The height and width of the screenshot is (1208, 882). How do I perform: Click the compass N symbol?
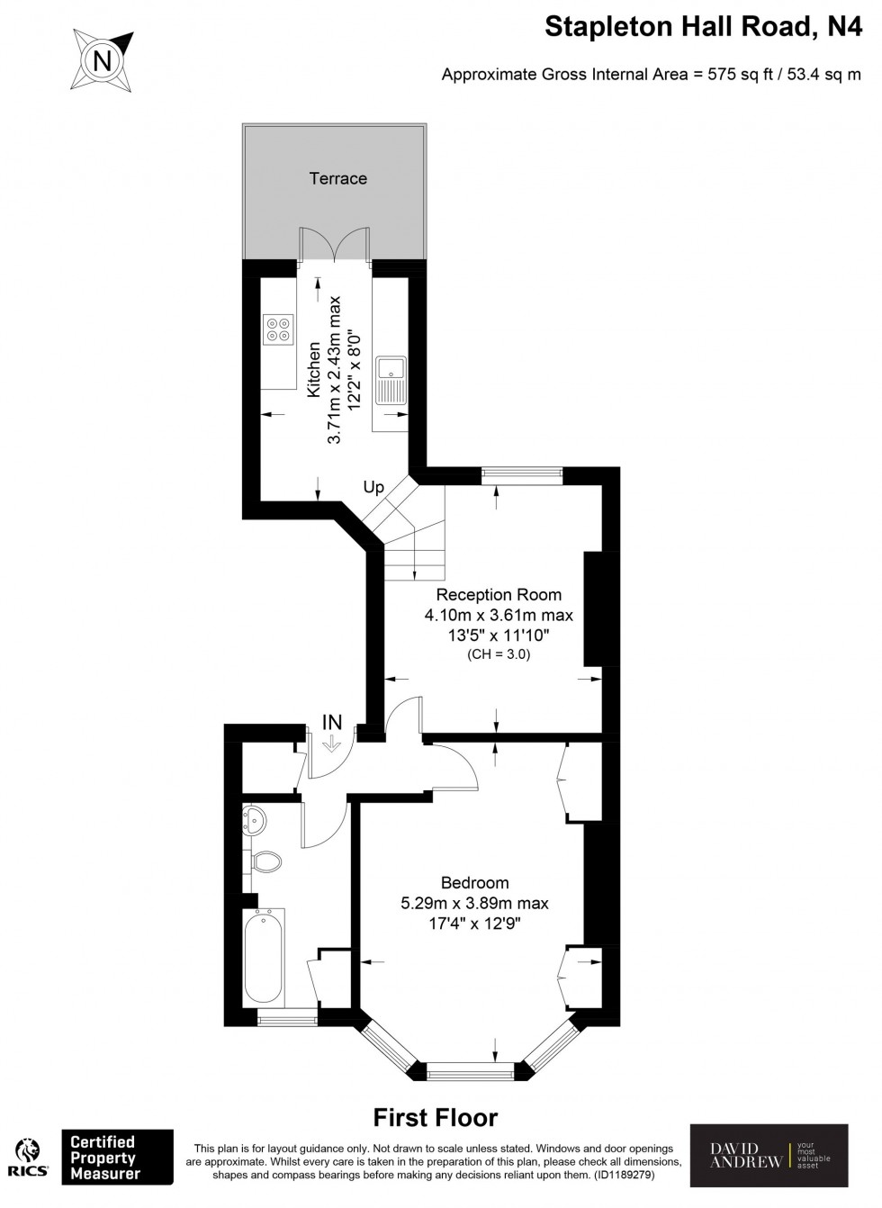coord(102,60)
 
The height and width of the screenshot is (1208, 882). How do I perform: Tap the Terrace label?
coord(338,178)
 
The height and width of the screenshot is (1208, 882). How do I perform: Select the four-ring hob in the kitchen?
coord(279,329)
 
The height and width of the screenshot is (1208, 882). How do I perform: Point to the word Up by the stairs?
coord(373,488)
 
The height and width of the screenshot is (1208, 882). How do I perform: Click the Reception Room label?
coord(499,595)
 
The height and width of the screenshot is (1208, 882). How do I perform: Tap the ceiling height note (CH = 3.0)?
coord(499,655)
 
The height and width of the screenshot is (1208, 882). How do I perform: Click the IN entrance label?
coord(332,722)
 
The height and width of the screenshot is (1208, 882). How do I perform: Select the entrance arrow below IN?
coord(330,744)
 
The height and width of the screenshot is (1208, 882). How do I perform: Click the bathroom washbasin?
coord(254,821)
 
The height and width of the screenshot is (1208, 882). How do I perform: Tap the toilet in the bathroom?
coord(266,861)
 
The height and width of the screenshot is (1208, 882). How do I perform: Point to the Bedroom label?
coord(474,883)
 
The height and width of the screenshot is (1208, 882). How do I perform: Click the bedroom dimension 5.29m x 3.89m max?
coord(474,904)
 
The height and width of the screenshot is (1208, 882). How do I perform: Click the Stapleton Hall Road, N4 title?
coord(704,27)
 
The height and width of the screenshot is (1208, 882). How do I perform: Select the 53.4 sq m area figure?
coord(824,75)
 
